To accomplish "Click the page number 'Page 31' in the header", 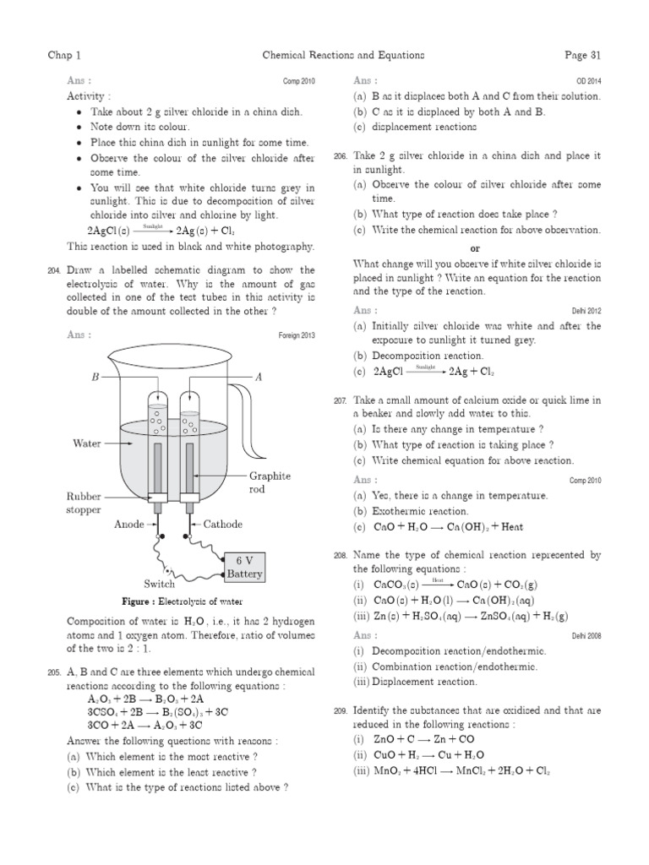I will coord(582,56).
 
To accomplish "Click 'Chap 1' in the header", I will coord(65,56).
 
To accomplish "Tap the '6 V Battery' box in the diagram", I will coord(243,567).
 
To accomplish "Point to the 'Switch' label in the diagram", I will coord(160,584).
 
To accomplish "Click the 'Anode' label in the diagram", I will coord(129,524).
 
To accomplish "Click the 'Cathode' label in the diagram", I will coord(223,524).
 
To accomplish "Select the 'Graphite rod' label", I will coord(270,482).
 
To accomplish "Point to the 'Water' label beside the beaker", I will coord(87,442).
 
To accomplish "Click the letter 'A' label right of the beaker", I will coord(259,378).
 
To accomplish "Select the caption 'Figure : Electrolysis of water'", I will coord(182,601).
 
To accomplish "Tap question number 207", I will coord(341,400).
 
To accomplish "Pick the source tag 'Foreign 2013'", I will coord(296,335).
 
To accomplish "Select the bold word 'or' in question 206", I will coord(475,248).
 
